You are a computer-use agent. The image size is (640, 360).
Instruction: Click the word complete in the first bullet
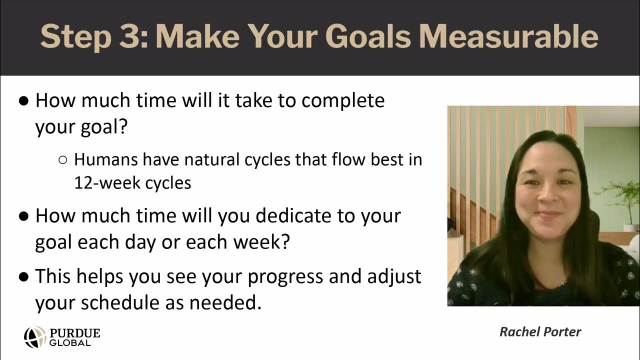[343, 100]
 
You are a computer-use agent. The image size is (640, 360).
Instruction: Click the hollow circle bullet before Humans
[63, 160]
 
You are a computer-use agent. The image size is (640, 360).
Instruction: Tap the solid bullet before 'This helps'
[23, 277]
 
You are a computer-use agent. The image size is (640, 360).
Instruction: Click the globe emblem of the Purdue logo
[35, 337]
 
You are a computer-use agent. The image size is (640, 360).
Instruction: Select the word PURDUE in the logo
[75, 333]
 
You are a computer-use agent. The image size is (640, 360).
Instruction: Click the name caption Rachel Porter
[540, 332]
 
